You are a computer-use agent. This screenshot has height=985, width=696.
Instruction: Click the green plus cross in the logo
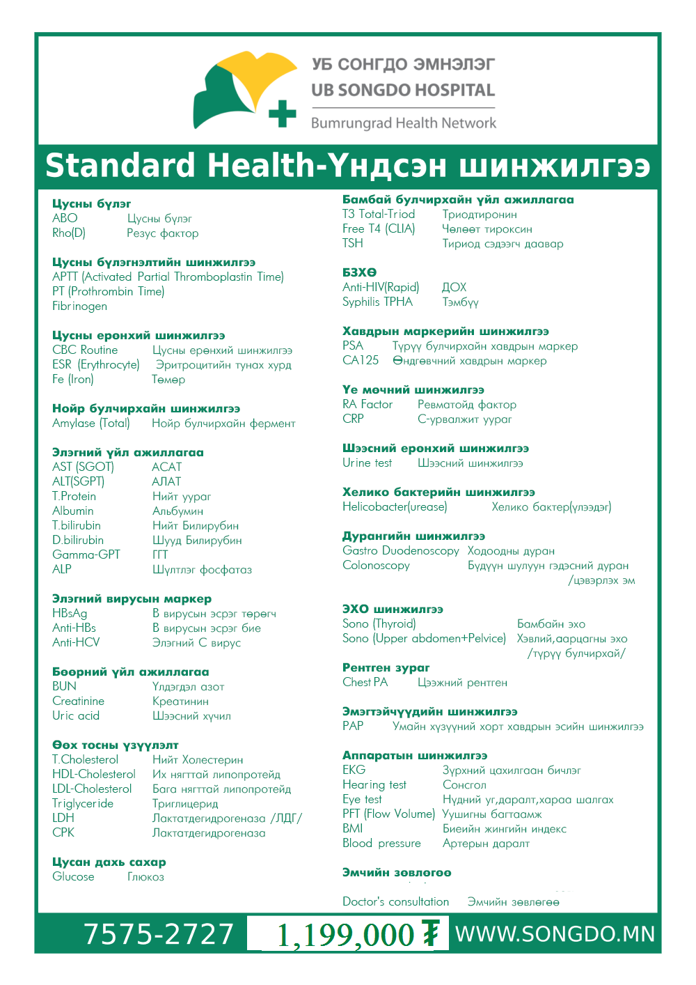[x=282, y=114]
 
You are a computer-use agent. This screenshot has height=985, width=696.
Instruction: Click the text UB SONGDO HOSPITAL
[x=403, y=90]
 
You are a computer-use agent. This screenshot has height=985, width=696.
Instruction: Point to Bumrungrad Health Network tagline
[x=404, y=123]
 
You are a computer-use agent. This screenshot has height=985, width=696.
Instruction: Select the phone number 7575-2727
[x=159, y=934]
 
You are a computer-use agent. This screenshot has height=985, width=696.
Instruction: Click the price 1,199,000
[x=345, y=935]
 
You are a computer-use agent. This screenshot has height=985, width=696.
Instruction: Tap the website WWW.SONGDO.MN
[x=555, y=934]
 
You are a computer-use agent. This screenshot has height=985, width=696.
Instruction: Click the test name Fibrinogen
[x=79, y=306]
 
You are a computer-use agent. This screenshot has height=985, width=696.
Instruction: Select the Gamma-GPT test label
[x=86, y=554]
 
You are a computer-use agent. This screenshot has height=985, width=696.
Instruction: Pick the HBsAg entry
[x=70, y=613]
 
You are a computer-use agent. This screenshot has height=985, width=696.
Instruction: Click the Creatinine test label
[x=78, y=701]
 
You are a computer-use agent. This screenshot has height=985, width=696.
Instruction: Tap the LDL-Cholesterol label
[x=92, y=789]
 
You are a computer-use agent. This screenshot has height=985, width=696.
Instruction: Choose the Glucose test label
[x=73, y=876]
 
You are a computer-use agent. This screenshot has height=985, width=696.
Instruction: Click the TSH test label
[x=352, y=243]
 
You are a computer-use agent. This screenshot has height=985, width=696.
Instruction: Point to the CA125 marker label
[x=360, y=360]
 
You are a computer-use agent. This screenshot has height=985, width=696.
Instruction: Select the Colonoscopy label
[x=376, y=565]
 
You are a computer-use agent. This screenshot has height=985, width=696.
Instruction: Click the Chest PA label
[x=365, y=682]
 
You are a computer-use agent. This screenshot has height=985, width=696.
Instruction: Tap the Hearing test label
[x=374, y=784]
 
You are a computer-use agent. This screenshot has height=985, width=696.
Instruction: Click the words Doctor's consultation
[x=395, y=901]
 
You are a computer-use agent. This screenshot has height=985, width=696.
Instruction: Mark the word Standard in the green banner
[x=120, y=166]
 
